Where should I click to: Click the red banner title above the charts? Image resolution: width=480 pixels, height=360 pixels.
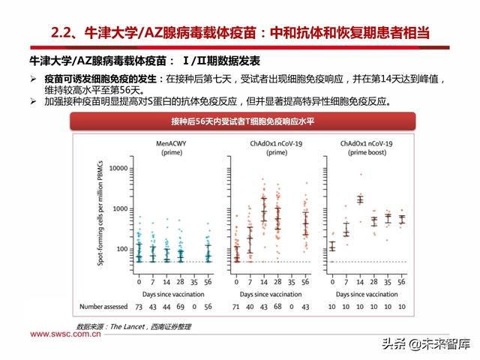[x=240, y=122]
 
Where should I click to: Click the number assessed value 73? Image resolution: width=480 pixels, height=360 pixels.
[x=139, y=307]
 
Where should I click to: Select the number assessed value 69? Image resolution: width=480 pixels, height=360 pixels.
[x=181, y=307]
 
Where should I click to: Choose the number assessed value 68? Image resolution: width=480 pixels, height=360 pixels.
[x=277, y=307]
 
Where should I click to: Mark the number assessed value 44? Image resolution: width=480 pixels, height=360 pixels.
[x=167, y=307]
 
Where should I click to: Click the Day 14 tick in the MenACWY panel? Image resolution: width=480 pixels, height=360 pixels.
[x=166, y=282]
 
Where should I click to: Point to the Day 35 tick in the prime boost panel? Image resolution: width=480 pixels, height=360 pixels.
[x=388, y=282]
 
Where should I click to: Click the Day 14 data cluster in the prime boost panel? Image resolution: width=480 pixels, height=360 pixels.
[x=360, y=199]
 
